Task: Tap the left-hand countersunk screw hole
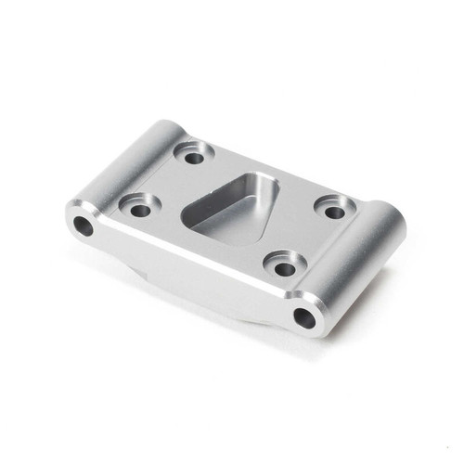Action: pyautogui.click(x=139, y=210)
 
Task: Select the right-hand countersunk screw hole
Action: pyautogui.click(x=334, y=213)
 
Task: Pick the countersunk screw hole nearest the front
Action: pyautogui.click(x=285, y=269)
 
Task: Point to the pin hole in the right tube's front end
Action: pyautogui.click(x=305, y=318)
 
